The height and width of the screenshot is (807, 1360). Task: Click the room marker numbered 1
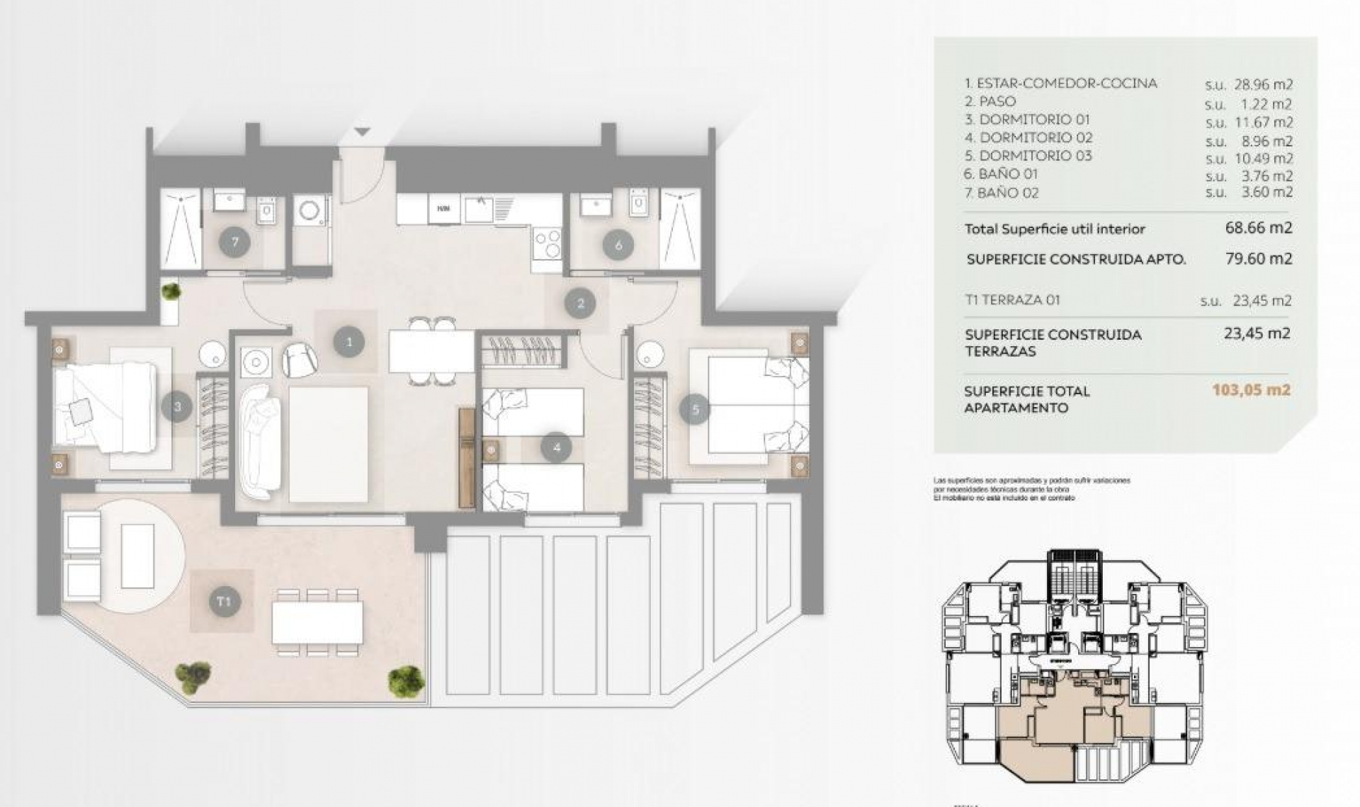[x=348, y=343]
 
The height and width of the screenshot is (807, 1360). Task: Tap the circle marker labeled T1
[x=224, y=602]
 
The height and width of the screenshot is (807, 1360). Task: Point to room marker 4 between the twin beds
[x=556, y=447]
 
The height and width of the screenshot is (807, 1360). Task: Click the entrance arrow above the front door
[x=362, y=132]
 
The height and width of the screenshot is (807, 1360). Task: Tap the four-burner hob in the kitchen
[x=546, y=244]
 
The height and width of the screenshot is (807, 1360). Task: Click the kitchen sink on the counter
[x=480, y=208]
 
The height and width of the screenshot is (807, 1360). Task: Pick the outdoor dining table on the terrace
[x=317, y=621]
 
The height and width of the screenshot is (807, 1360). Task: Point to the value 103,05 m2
[x=1251, y=389]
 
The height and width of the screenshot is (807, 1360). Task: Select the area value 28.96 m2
[x=1263, y=84]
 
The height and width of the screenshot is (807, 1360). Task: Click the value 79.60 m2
[x=1258, y=258]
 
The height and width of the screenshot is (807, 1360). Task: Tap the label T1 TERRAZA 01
[x=1012, y=299]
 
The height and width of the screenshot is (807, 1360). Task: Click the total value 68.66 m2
[x=1258, y=228]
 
